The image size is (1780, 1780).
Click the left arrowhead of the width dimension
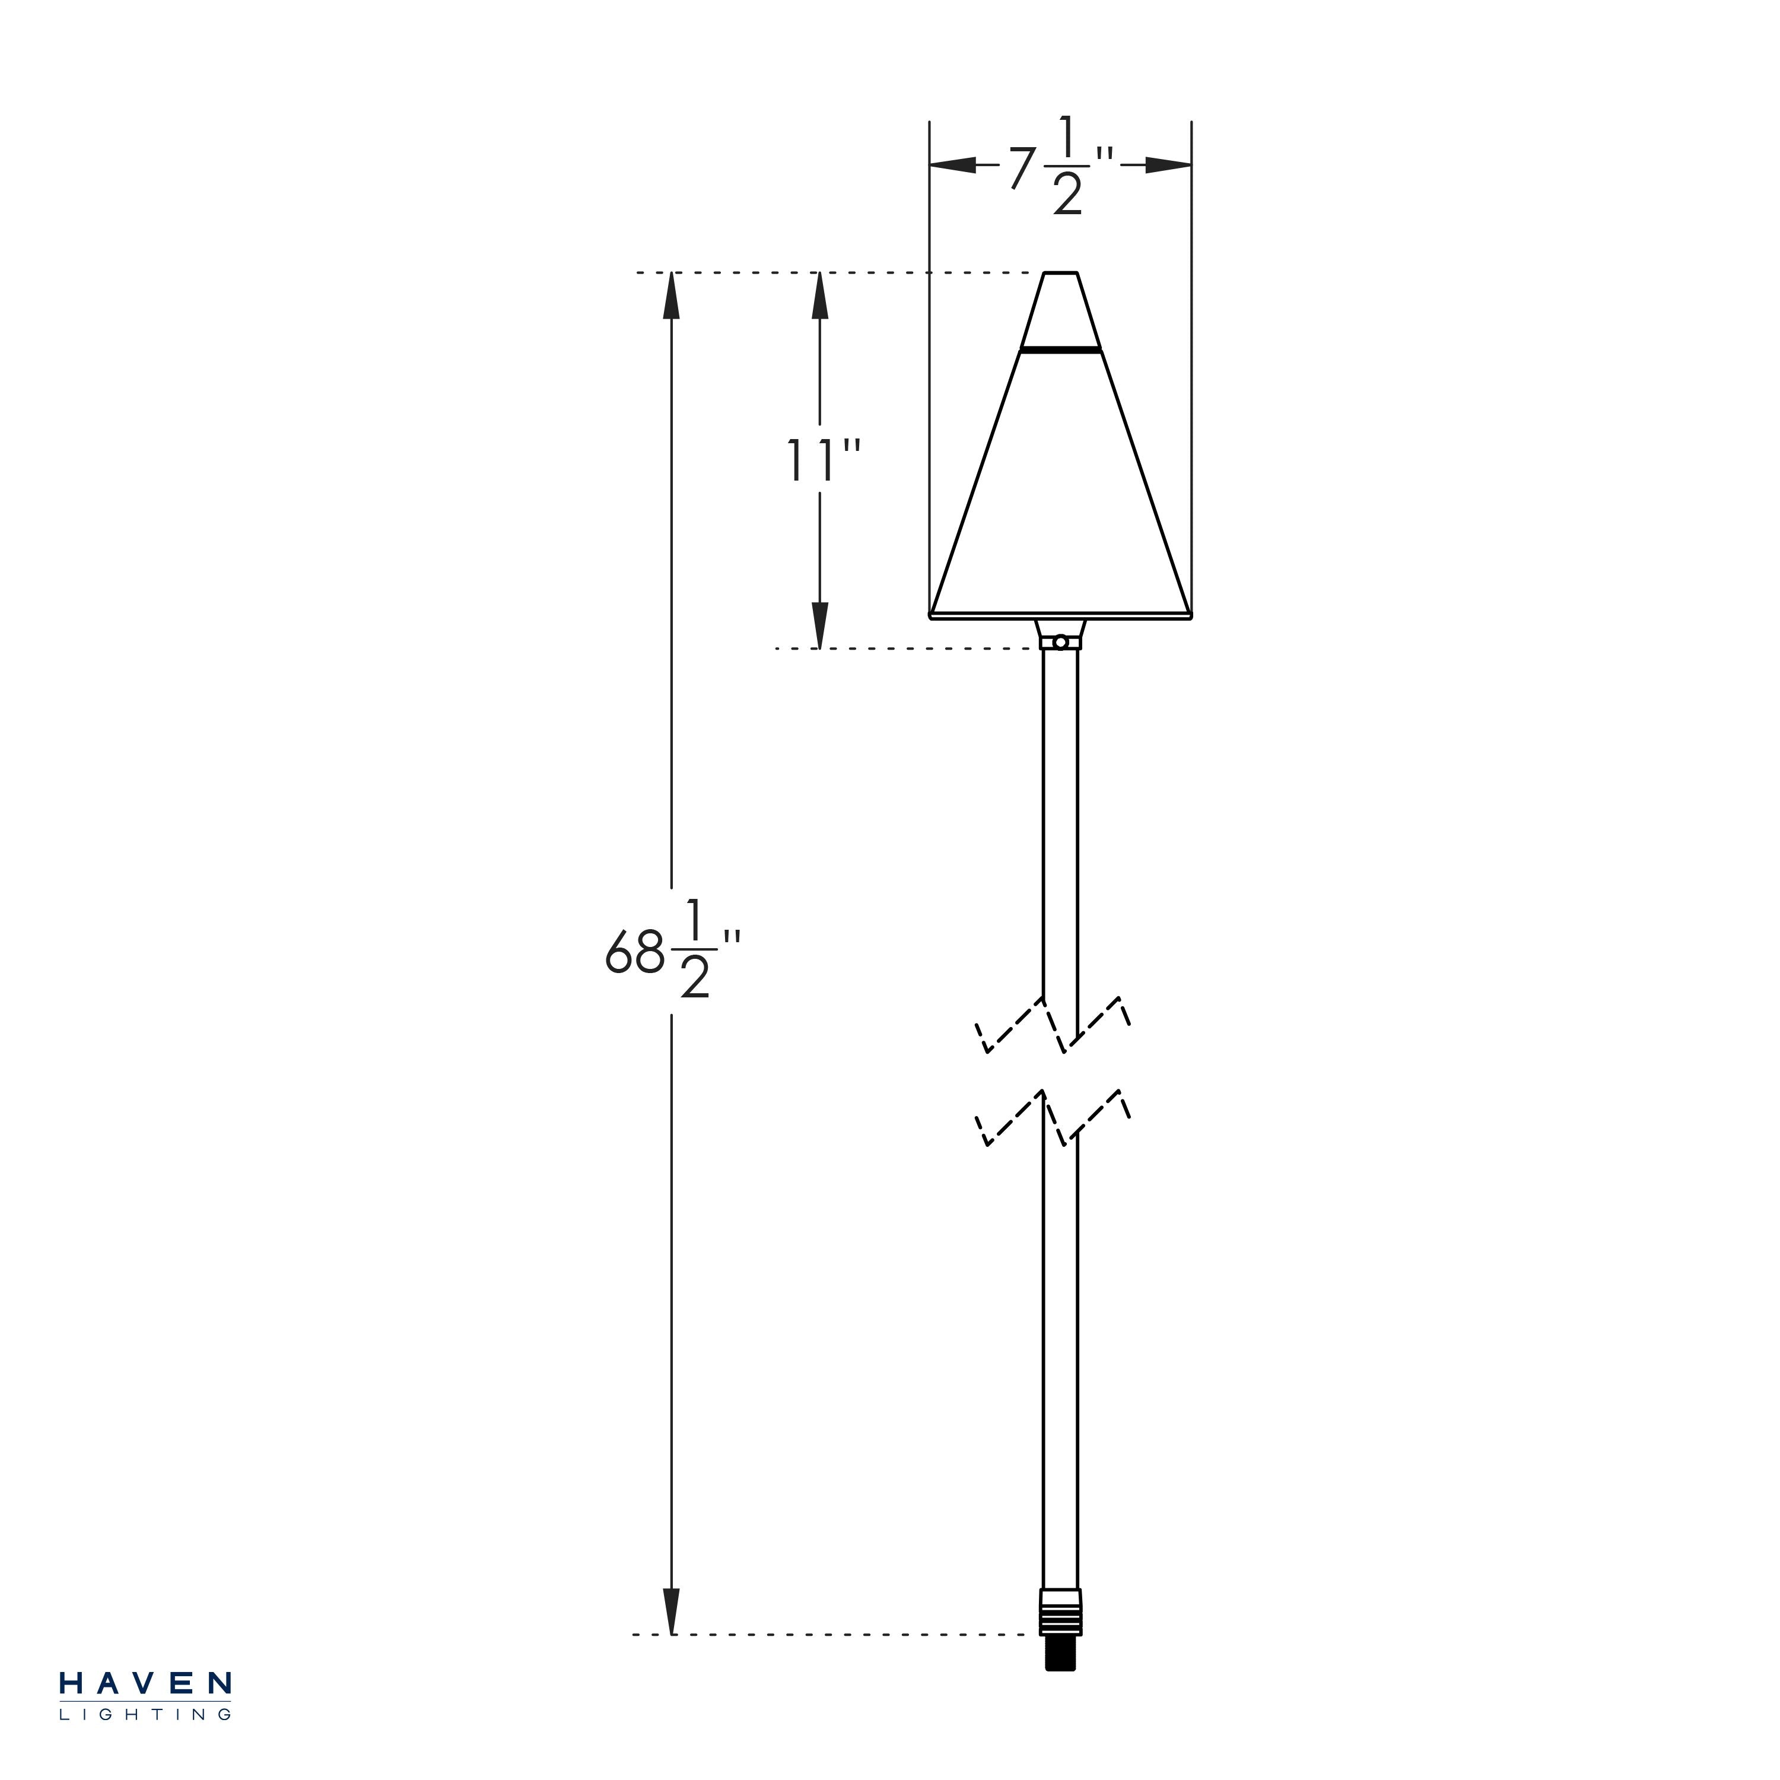coord(953,166)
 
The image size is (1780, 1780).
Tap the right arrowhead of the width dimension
coord(1169,166)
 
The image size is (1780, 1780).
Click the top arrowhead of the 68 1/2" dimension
coord(672,295)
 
